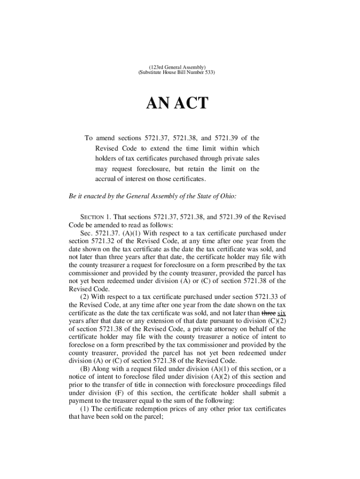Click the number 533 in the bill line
point(209,73)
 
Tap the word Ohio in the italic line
point(228,196)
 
